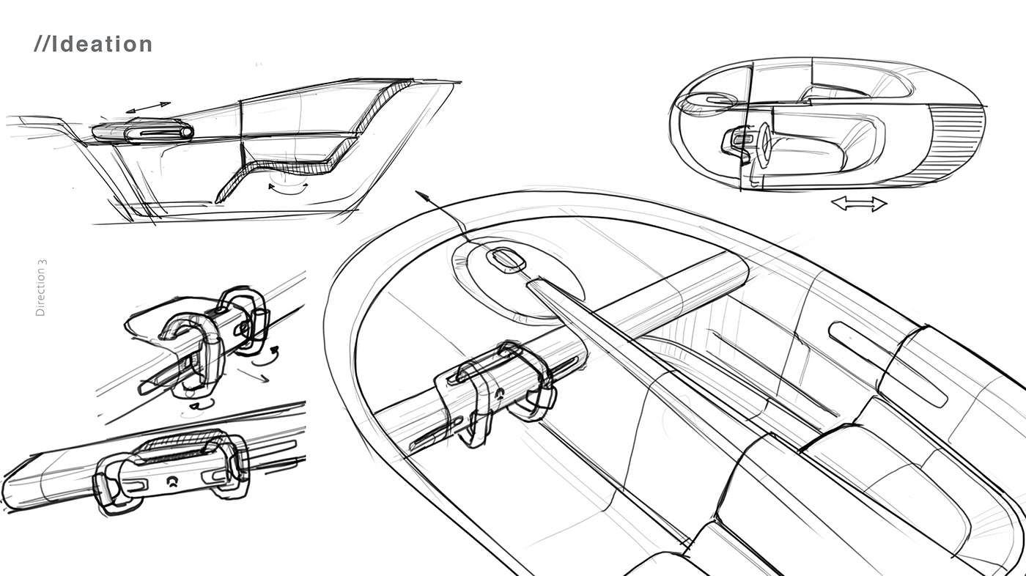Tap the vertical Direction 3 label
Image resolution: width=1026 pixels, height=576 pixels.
[x=41, y=287]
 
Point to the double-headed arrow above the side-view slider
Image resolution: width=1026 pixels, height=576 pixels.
[x=148, y=108]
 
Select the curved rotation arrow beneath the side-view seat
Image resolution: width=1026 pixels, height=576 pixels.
[x=288, y=188]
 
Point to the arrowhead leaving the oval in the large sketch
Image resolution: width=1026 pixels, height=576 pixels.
[x=421, y=196]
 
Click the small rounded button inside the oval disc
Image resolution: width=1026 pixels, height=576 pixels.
[x=503, y=259]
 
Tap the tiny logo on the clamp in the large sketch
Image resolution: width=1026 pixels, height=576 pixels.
[x=499, y=392]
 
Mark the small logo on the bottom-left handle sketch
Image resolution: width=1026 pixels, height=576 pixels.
[x=172, y=481]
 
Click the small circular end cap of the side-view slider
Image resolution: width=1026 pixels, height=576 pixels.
[x=187, y=132]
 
